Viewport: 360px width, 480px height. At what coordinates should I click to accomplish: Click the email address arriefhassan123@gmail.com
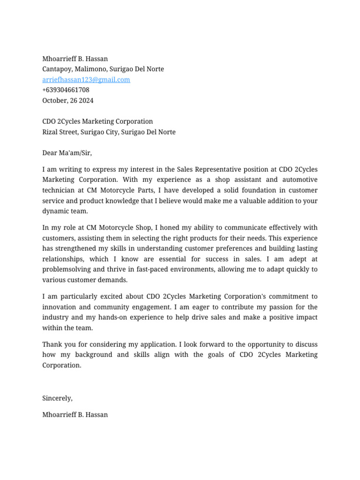(x=86, y=80)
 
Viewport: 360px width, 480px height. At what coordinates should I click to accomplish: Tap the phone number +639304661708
(x=66, y=90)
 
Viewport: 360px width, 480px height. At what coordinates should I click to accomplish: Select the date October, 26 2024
(x=68, y=100)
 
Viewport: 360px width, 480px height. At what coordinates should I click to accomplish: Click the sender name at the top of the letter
(x=75, y=59)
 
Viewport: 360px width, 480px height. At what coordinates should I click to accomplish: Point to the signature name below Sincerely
(x=75, y=415)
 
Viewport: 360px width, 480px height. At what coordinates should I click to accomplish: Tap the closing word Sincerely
(x=57, y=398)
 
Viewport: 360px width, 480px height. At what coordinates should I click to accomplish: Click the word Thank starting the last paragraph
(x=52, y=345)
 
